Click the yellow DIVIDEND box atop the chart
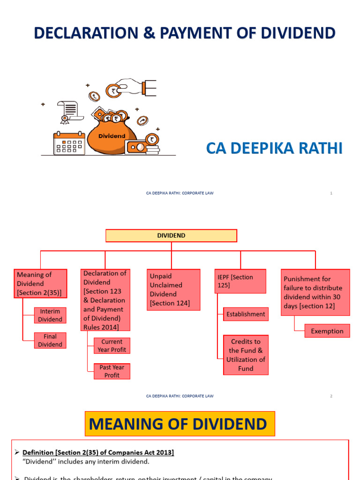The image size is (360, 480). click(171, 236)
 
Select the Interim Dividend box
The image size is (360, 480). click(50, 315)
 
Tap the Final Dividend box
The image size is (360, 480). click(50, 340)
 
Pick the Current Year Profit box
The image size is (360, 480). click(112, 345)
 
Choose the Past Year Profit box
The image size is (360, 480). click(112, 371)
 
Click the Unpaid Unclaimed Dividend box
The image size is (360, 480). click(173, 290)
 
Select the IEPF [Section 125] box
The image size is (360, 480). click(240, 281)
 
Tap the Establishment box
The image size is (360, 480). click(246, 314)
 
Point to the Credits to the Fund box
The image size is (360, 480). click(246, 355)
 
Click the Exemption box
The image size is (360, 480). click(327, 331)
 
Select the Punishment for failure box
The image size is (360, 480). click(315, 292)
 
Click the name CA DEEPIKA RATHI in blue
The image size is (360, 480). click(274, 149)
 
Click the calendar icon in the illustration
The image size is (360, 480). click(68, 144)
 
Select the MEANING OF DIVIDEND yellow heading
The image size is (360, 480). click(180, 424)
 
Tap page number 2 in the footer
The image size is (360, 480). click(331, 396)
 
